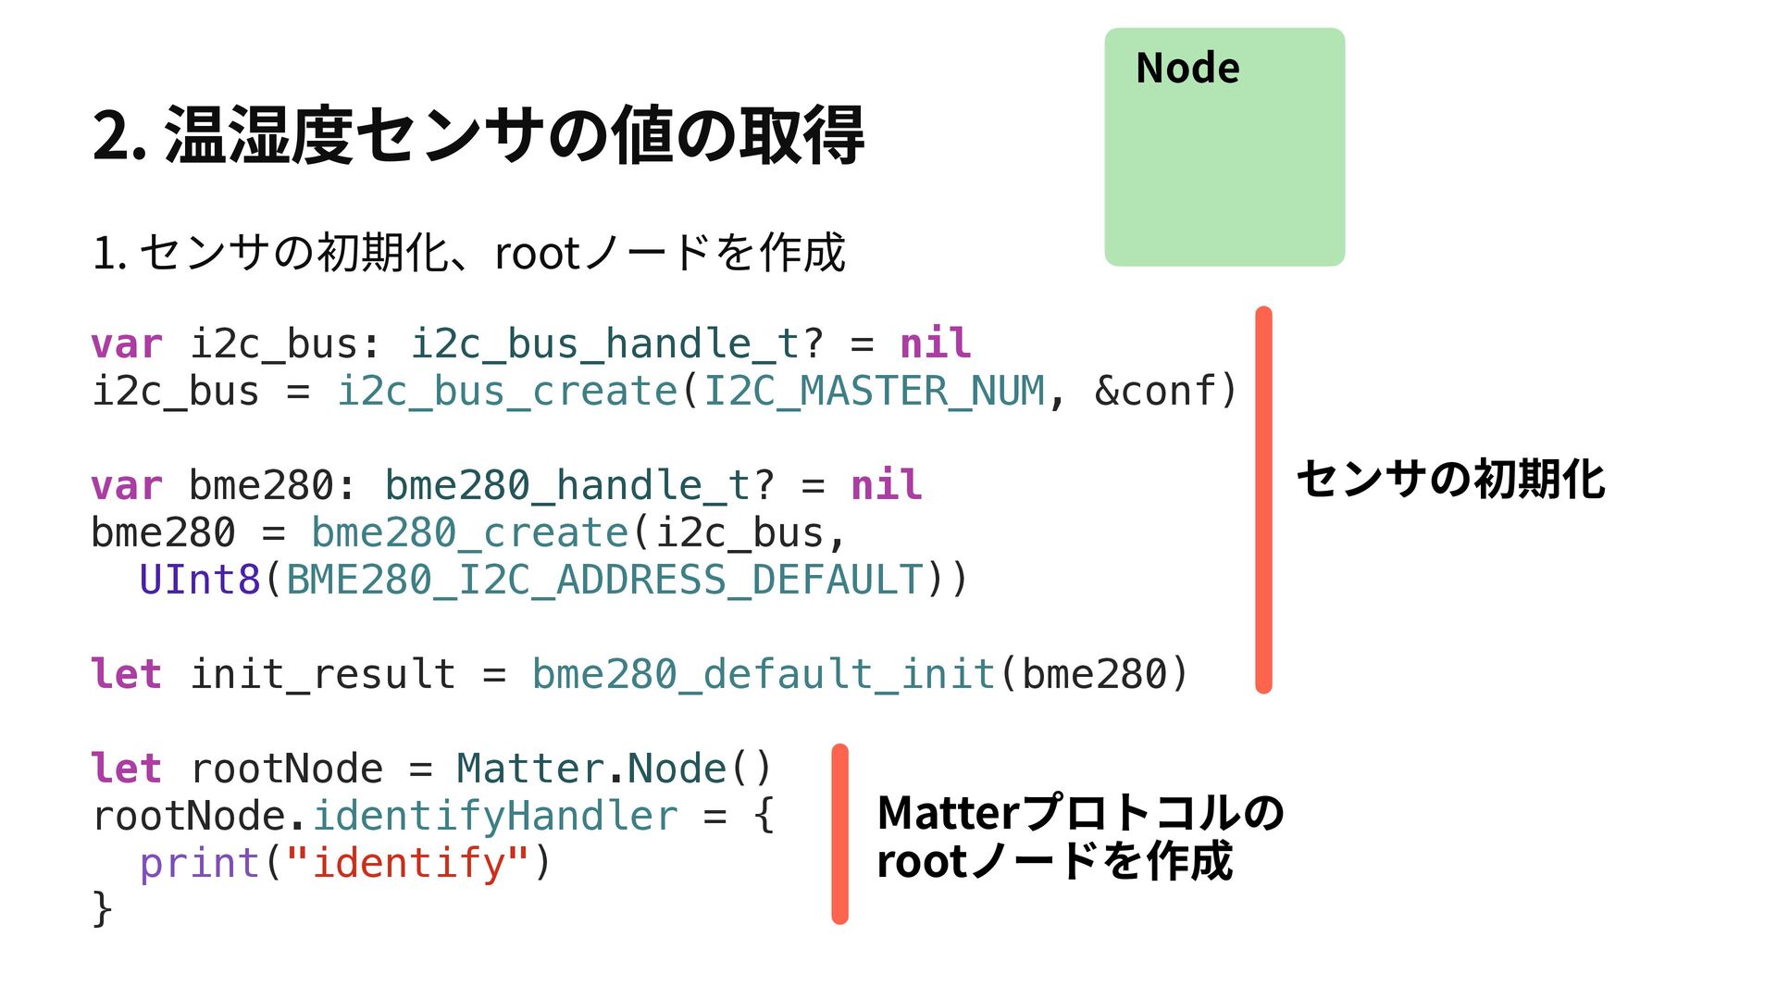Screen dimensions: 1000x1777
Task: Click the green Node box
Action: (x=1224, y=148)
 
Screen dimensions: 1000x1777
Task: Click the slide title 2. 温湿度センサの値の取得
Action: (x=478, y=135)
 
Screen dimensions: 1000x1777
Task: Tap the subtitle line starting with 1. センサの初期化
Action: (x=468, y=253)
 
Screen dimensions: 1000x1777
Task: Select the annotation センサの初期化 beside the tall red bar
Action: (x=1450, y=480)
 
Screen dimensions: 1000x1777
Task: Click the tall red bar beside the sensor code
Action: (x=1263, y=500)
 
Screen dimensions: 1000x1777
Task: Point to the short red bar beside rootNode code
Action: (x=839, y=833)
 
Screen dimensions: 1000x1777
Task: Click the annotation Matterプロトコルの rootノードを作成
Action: (x=1079, y=837)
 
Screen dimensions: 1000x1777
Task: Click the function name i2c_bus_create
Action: (x=507, y=392)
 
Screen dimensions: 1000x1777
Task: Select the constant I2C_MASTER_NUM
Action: (x=874, y=392)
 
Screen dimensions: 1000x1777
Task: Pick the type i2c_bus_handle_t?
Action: (x=616, y=344)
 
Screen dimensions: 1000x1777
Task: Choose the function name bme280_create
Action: (x=470, y=533)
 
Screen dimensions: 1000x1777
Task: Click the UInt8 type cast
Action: (x=200, y=581)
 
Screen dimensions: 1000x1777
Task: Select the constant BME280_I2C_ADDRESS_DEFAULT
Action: (x=604, y=581)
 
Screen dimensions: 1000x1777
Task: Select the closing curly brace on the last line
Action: (x=102, y=909)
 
